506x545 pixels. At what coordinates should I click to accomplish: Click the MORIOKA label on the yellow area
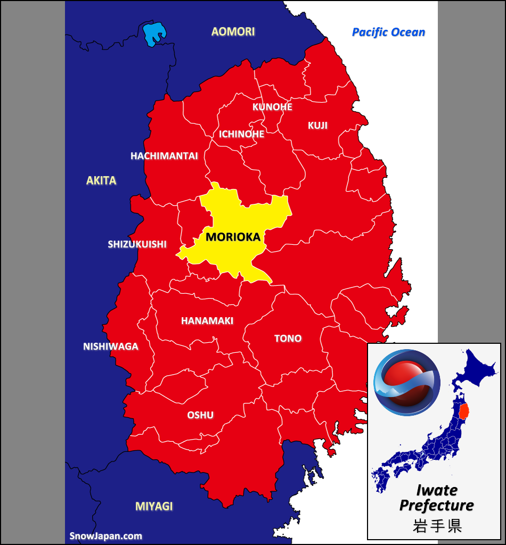233,237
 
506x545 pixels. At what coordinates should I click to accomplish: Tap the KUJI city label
317,126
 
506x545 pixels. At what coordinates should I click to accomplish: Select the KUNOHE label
272,107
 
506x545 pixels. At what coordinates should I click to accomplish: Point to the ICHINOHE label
241,134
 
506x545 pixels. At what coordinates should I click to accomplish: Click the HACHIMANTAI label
164,156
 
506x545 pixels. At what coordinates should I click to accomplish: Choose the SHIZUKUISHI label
137,244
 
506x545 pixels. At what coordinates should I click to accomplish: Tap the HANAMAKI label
207,321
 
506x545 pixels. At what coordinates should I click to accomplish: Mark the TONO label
288,338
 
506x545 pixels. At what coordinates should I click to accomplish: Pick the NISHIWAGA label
110,346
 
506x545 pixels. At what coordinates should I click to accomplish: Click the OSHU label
200,415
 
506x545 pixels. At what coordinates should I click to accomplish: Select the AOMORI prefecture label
233,31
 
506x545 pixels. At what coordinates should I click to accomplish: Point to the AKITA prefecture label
101,180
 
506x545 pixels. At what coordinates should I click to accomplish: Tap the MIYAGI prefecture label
154,506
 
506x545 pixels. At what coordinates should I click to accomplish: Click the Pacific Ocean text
388,32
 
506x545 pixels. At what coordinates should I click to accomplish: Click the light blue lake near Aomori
154,34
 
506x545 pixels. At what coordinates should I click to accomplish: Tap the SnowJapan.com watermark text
106,536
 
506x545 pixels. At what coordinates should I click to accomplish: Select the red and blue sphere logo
407,382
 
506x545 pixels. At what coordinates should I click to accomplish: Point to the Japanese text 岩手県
437,525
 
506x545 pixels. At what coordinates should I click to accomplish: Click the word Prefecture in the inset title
436,505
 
